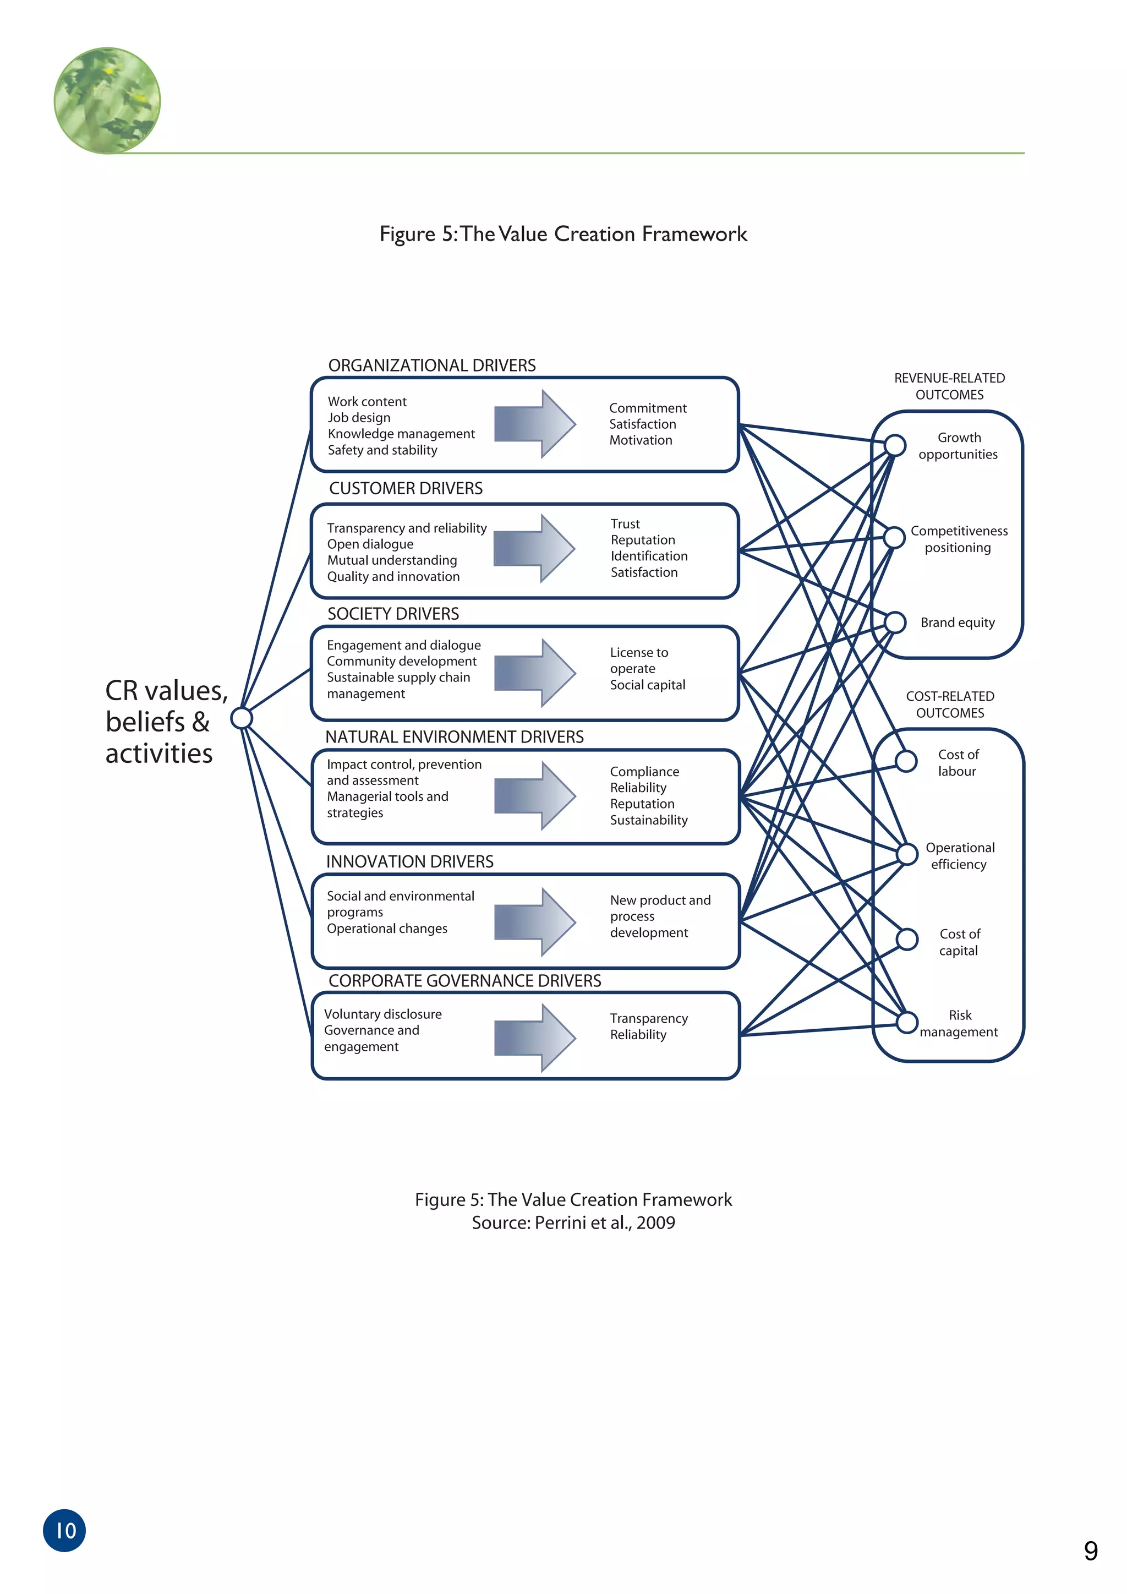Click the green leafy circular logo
click(107, 101)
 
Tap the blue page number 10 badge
click(64, 1530)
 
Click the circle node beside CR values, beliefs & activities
click(242, 717)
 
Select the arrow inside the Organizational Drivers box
click(534, 423)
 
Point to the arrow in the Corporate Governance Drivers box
click(534, 1037)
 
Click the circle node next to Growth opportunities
click(895, 445)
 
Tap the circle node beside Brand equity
click(895, 622)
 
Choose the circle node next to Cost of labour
click(906, 761)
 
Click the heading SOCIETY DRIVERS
click(393, 614)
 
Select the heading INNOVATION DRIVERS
click(409, 861)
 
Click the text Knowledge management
click(401, 434)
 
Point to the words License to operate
click(638, 660)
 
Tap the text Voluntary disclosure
click(382, 1014)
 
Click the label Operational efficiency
click(960, 855)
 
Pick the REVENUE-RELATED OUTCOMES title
click(949, 386)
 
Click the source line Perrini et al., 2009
click(573, 1222)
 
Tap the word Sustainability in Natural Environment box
click(649, 820)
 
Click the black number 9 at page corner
click(1091, 1552)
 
